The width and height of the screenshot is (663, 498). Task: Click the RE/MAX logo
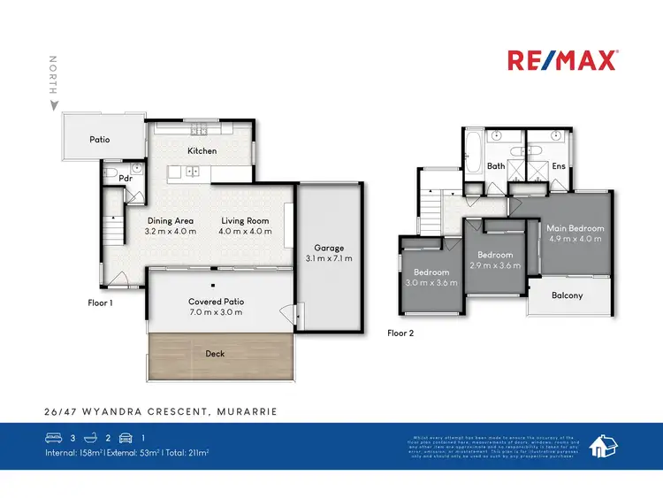[x=562, y=60]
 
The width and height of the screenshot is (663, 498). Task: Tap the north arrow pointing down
[x=54, y=105]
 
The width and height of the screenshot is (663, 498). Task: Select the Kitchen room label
[x=202, y=150]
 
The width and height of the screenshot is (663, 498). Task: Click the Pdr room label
[x=113, y=177]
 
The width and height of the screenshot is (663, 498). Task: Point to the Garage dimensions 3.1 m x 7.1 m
[x=329, y=259]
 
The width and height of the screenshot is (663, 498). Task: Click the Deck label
[x=215, y=354]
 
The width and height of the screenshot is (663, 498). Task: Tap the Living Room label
[x=245, y=220]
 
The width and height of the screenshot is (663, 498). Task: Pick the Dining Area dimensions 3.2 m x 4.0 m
[x=171, y=232]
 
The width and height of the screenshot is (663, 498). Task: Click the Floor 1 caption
[x=101, y=303]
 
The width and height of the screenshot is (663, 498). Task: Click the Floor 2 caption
[x=400, y=333]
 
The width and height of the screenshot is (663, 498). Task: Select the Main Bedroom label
[x=575, y=228]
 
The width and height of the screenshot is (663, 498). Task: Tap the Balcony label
[x=567, y=295]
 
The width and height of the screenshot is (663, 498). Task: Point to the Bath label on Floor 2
[x=496, y=165]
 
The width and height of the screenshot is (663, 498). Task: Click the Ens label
[x=559, y=165]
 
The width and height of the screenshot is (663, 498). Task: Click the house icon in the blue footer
[x=603, y=446]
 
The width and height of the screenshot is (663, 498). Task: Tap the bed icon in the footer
[x=53, y=437]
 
